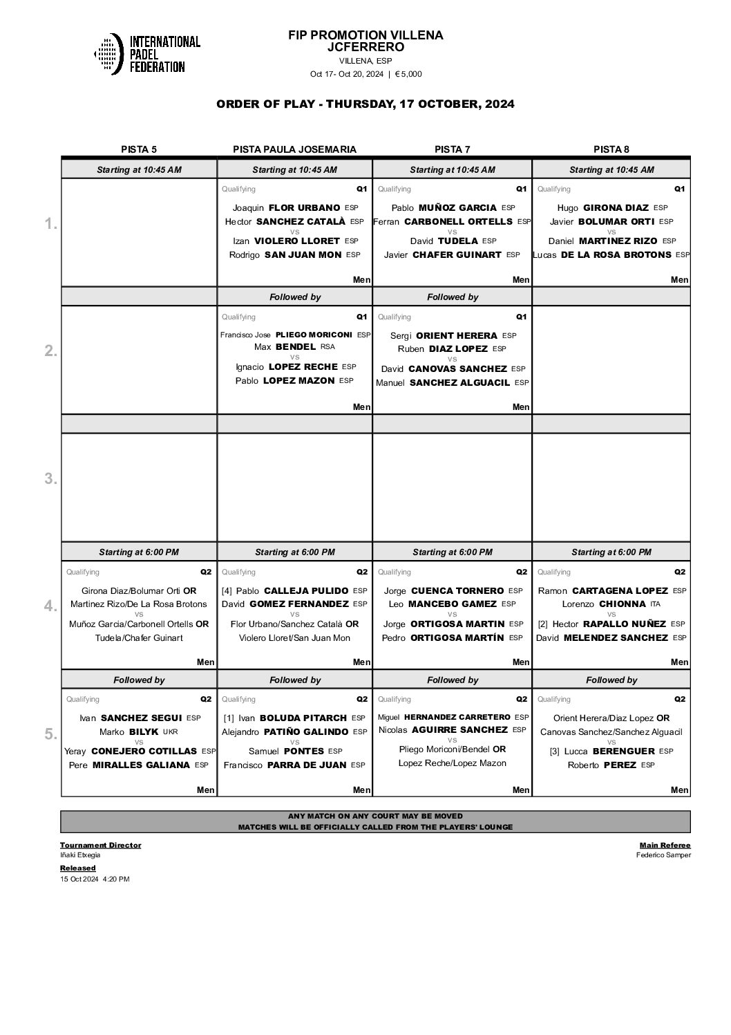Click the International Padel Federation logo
146,54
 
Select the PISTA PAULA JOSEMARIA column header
294,149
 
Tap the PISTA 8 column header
611,149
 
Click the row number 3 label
50,478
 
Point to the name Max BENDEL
285,347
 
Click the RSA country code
327,347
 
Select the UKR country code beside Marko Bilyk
169,731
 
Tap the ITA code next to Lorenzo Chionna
655,604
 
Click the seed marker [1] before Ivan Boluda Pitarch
228,718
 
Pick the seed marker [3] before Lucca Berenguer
554,752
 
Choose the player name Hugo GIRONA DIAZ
602,207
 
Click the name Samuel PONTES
286,752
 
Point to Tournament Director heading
100,845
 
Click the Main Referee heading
665,845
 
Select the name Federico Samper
663,855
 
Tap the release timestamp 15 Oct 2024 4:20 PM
95,879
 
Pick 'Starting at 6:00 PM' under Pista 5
139,552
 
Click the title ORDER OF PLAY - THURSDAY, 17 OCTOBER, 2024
365,104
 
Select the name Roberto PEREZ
602,765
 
